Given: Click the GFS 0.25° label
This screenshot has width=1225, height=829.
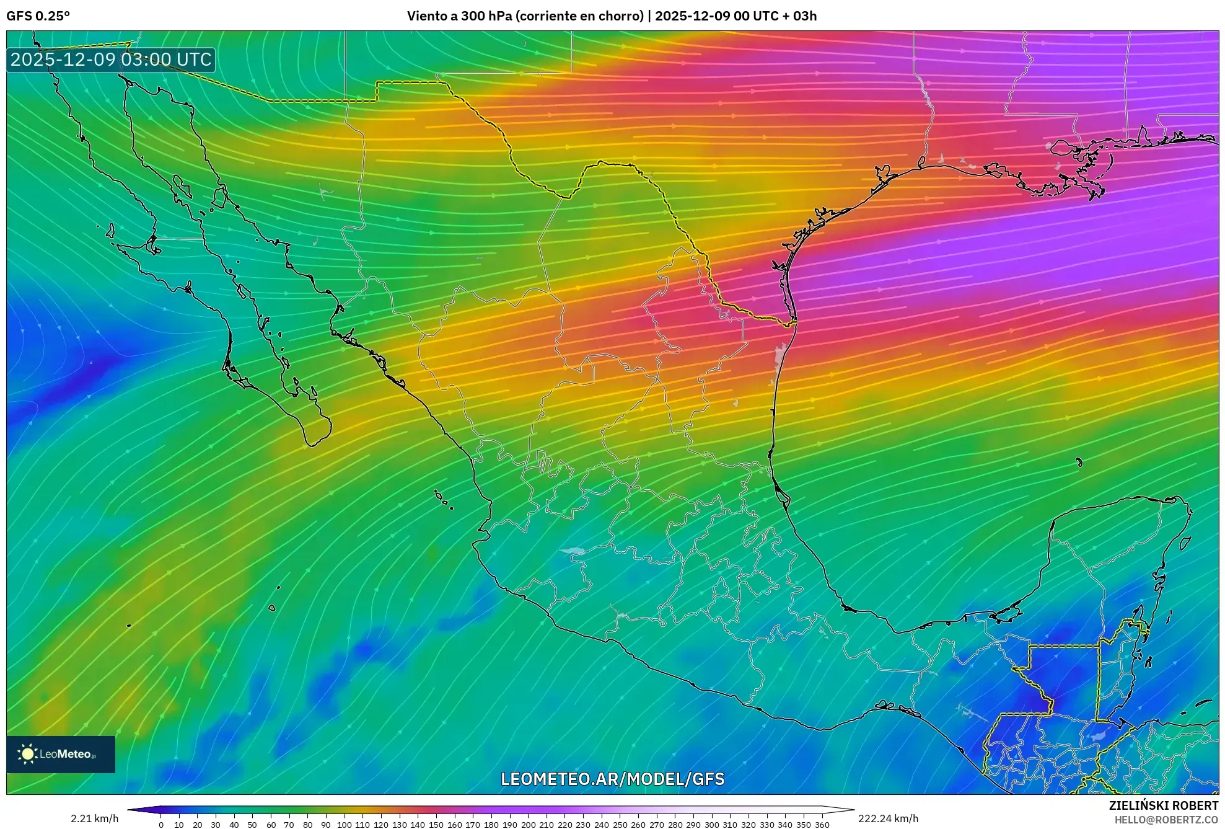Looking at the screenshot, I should pyautogui.click(x=38, y=16).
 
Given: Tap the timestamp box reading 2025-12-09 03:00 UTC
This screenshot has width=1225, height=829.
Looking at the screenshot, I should pyautogui.click(x=111, y=60).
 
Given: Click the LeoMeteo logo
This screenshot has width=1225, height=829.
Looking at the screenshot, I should pyautogui.click(x=61, y=754).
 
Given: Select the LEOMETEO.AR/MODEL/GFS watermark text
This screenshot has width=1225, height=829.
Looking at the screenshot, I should pyautogui.click(x=612, y=779).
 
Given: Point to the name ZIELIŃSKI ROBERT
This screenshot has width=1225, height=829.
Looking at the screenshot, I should pyautogui.click(x=1163, y=805).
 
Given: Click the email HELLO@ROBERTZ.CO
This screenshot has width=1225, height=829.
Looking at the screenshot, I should pyautogui.click(x=1166, y=820).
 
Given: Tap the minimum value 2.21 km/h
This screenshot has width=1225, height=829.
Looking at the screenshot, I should pyautogui.click(x=94, y=818).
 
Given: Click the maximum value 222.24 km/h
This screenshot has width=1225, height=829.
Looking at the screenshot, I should pyautogui.click(x=888, y=818).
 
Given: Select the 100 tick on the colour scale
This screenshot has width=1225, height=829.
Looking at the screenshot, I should pyautogui.click(x=344, y=824).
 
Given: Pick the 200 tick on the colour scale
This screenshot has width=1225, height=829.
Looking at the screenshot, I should pyautogui.click(x=528, y=824).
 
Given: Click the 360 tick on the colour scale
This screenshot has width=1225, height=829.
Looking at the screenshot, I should pyautogui.click(x=822, y=824).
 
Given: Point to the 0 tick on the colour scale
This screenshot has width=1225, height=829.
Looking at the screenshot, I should pyautogui.click(x=161, y=824).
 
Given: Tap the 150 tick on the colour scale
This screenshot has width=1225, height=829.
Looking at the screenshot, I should pyautogui.click(x=436, y=824).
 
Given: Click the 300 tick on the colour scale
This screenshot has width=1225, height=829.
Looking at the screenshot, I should pyautogui.click(x=711, y=824).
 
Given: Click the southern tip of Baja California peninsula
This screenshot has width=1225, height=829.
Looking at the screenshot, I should pyautogui.click(x=313, y=444).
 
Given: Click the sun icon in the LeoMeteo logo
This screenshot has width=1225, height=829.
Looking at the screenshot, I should pyautogui.click(x=27, y=754).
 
